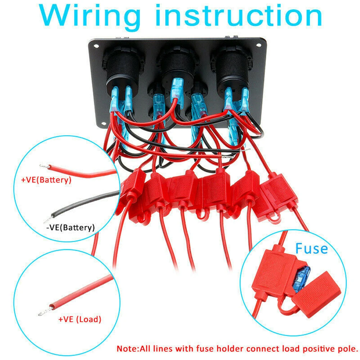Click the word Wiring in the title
(90, 17)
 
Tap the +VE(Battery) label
(46, 179)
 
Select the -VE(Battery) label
(70, 227)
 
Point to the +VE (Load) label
(80, 319)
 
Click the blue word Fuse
(311, 249)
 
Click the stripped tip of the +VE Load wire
(45, 311)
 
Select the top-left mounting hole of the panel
(96, 46)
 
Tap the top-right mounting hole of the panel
(259, 45)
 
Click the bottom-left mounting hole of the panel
(104, 124)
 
